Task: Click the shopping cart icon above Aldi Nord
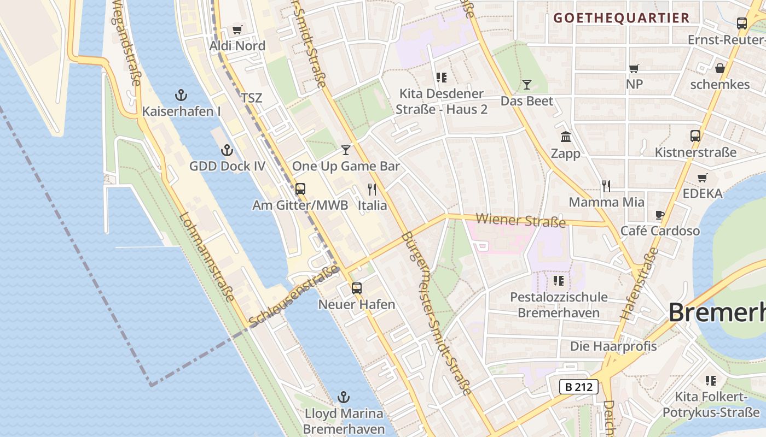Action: pos(237,29)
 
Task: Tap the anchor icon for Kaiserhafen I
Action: pos(181,95)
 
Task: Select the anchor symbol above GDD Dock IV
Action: pos(227,150)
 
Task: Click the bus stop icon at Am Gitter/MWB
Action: pos(300,189)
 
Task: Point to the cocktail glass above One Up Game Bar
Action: pos(346,150)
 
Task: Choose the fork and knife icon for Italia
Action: pos(372,190)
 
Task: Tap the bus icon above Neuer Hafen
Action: pos(357,288)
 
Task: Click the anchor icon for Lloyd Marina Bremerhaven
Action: pos(344,397)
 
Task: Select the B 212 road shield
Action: pos(579,387)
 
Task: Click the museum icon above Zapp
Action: pos(566,137)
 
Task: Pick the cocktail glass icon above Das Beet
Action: pos(527,84)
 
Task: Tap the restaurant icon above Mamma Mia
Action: pos(606,186)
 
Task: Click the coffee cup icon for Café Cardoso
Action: pos(660,215)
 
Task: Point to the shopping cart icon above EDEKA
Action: pos(703,178)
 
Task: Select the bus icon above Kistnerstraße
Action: pos(695,135)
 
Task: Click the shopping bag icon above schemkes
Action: pos(720,68)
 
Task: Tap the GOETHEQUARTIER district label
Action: pos(621,17)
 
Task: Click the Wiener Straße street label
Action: pos(521,221)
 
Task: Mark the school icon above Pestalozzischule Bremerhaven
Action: pos(558,281)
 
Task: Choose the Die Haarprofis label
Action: pos(613,346)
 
